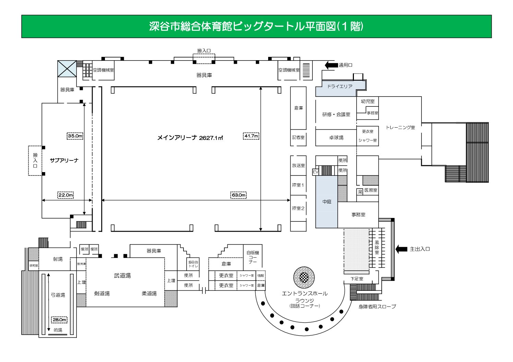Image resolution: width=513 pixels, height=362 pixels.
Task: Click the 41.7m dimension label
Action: [251, 136]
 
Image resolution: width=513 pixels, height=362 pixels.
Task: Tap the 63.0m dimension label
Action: [239, 195]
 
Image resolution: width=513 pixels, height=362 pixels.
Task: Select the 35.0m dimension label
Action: [75, 136]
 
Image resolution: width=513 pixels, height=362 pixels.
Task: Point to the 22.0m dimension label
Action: [65, 195]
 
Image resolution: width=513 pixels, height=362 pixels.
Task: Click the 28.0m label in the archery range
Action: [59, 320]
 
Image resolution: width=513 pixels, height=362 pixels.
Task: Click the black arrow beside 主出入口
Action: [401, 249]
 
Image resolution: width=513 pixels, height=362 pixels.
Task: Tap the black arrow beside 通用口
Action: [331, 65]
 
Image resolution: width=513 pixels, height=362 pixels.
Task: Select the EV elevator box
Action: [315, 172]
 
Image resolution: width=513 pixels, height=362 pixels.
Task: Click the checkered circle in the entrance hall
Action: [304, 277]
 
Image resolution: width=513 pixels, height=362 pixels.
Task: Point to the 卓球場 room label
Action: [336, 138]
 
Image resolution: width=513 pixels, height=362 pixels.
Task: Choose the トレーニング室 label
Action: [400, 127]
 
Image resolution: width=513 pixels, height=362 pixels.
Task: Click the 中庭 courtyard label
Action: [327, 202]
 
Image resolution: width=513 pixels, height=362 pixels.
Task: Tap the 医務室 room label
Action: [371, 190]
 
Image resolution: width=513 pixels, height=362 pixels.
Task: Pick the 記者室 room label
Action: [298, 138]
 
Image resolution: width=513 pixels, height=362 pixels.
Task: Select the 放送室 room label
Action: [298, 165]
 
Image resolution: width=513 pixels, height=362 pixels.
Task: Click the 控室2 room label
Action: [298, 208]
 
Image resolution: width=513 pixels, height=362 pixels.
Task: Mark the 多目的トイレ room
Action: [193, 264]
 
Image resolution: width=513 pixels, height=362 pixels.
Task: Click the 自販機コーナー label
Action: [253, 257]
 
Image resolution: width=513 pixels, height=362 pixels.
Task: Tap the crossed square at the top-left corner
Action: [67, 68]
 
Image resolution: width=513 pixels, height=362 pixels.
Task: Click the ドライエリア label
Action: [339, 86]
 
